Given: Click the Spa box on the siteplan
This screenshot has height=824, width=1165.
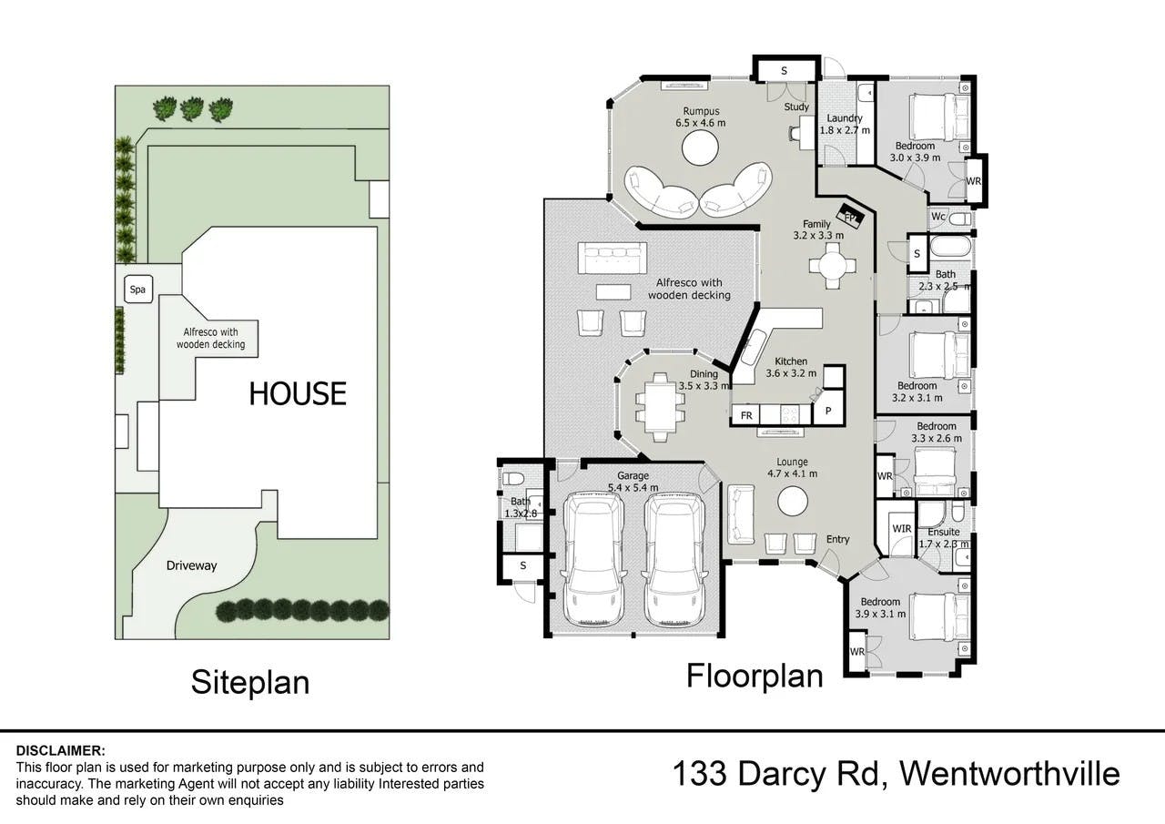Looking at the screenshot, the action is (137, 290).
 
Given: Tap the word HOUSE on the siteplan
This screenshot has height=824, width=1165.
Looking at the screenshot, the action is (298, 393).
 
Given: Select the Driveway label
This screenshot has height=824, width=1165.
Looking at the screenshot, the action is (191, 566).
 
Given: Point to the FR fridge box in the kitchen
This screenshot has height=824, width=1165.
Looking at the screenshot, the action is (745, 415).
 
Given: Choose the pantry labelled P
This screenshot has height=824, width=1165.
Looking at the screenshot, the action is (828, 411).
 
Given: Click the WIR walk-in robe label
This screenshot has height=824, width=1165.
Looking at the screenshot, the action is (902, 528).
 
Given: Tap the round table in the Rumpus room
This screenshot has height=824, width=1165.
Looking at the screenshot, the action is (700, 148).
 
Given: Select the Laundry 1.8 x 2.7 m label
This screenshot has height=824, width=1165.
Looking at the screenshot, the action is (845, 125).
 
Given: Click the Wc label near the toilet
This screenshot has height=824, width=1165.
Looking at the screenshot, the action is (938, 217).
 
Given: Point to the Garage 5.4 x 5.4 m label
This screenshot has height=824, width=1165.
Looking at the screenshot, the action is (633, 481).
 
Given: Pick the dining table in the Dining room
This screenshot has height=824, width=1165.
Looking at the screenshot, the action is (661, 407).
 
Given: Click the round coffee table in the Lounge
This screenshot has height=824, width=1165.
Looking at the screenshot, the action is (793, 502).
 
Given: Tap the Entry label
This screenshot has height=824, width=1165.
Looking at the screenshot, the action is (838, 539).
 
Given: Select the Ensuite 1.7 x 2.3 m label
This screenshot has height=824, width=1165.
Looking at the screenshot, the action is (944, 538).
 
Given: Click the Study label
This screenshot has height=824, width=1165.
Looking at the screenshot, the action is (796, 107).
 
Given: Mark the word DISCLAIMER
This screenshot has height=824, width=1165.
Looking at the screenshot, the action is (60, 750).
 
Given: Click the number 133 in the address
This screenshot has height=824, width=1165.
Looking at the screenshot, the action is (700, 774).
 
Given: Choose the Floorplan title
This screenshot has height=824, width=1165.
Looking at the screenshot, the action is (755, 676).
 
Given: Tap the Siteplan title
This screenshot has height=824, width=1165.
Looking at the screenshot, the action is (250, 683).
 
